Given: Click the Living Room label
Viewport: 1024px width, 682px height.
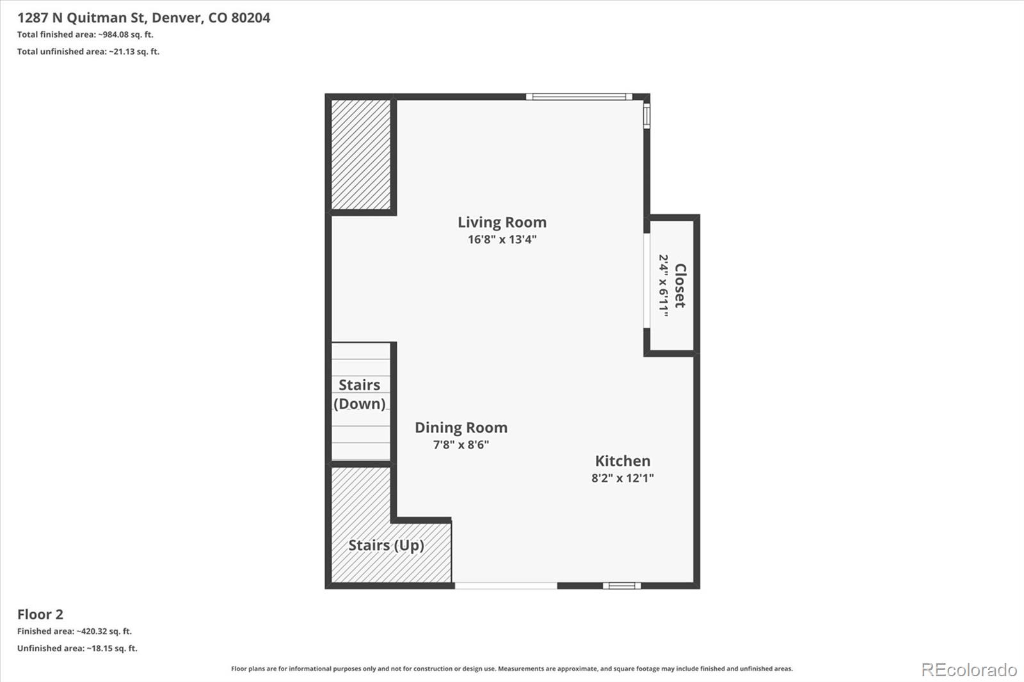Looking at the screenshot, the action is [x=502, y=222].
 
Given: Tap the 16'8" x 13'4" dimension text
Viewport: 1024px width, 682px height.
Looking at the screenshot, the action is [x=502, y=239].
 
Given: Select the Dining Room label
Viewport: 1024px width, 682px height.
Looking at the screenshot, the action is [x=461, y=427].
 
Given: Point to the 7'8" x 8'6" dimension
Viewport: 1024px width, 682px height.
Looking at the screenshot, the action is [x=461, y=444].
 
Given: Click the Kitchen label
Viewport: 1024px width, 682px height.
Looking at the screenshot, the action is [x=623, y=461].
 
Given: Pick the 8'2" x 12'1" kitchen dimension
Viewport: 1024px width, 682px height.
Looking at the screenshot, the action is [x=623, y=478].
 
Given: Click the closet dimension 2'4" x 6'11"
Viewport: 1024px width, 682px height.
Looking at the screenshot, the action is [x=664, y=286].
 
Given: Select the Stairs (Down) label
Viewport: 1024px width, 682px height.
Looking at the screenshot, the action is [x=359, y=394].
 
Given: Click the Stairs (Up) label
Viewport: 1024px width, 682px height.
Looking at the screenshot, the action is [x=387, y=545].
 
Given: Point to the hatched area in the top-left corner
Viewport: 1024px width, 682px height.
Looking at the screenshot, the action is [x=361, y=154].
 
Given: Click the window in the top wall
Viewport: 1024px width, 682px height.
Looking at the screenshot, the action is [x=579, y=97].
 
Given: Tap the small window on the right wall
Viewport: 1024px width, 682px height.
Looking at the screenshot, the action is [x=647, y=115].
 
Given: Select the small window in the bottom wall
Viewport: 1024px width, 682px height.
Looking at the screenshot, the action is [x=621, y=585].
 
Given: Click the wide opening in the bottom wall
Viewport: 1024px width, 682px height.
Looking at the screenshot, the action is [x=506, y=585].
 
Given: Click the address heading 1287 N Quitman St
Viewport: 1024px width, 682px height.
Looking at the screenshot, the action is [x=81, y=18].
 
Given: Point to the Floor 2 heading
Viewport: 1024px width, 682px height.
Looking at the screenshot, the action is [x=40, y=614].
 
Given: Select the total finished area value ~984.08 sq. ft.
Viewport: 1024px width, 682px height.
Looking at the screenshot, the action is [x=125, y=35].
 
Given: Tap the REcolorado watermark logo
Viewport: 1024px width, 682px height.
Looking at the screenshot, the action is [x=969, y=670].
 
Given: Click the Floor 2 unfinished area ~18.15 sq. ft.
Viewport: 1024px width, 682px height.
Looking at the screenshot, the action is [x=112, y=648].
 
